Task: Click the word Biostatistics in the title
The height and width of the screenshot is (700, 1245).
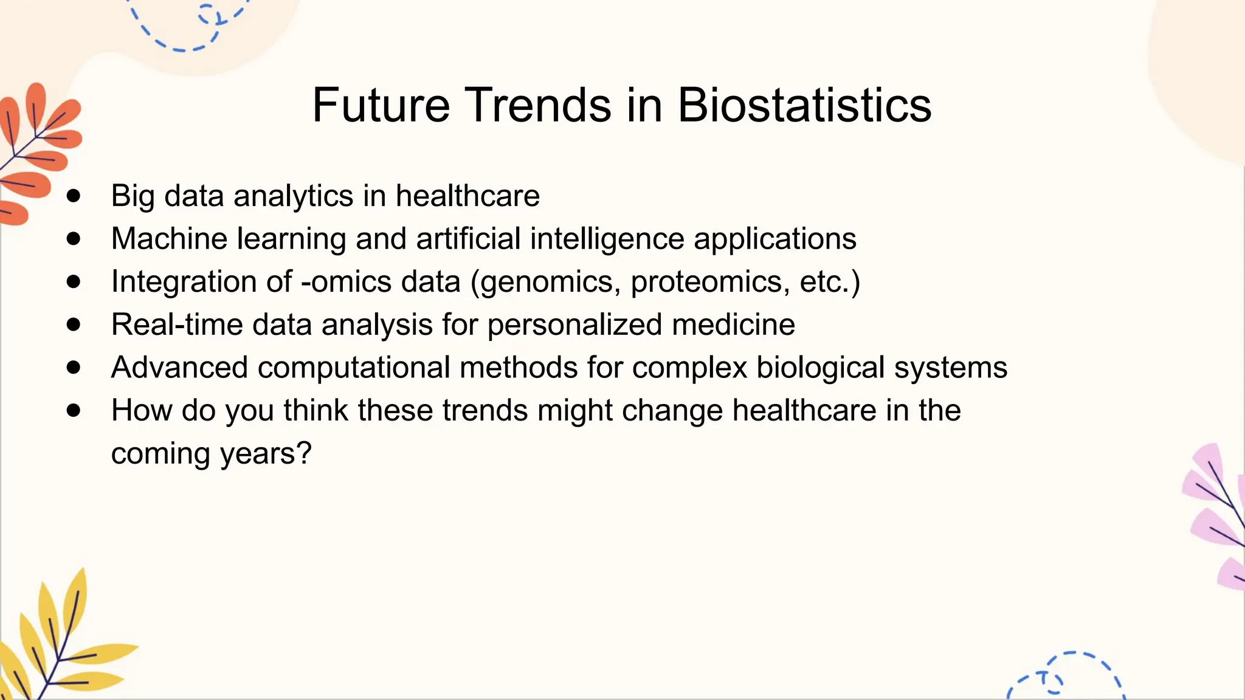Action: point(804,105)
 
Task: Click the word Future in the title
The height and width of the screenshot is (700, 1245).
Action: point(381,105)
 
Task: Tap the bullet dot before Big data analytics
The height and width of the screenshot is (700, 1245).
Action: point(74,196)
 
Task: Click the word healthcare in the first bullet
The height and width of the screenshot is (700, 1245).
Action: point(467,196)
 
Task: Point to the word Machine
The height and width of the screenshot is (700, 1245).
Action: point(169,239)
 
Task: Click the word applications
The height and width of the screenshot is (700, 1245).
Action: point(775,239)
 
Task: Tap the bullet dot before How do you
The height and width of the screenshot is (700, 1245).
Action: point(74,410)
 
